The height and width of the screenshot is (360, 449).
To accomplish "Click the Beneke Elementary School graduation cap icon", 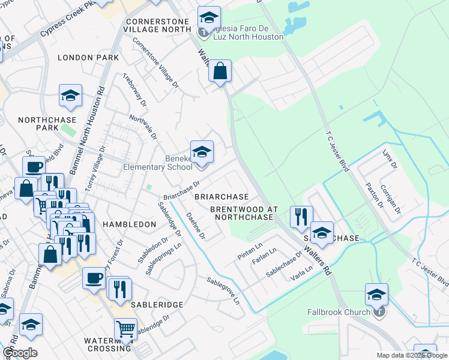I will (x=202, y=152).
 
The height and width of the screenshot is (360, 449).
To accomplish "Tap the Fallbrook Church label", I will (x=340, y=312).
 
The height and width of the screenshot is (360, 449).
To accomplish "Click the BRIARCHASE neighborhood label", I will (x=221, y=197).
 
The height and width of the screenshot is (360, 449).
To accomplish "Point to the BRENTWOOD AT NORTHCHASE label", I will (x=244, y=213).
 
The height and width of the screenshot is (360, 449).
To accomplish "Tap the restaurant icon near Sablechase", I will (x=301, y=217).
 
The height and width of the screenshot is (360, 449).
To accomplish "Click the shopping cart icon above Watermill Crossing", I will (x=125, y=328).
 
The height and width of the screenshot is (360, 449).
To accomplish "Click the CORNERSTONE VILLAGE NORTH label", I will (x=157, y=25).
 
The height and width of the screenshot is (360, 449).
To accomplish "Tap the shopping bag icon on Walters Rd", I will (x=220, y=71).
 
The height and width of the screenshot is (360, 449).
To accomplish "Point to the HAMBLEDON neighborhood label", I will (x=129, y=224).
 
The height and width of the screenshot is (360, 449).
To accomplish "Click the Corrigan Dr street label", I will (x=390, y=196).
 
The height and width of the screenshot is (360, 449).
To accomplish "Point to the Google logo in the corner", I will (x=20, y=353).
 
